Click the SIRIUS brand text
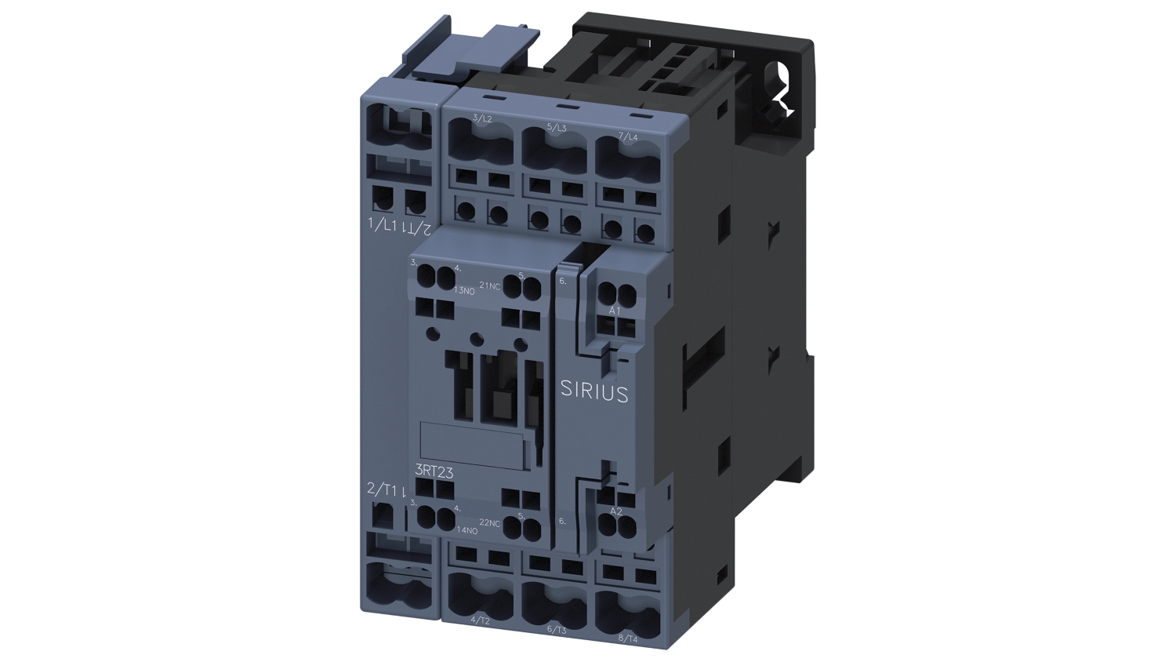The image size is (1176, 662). coord(594,391)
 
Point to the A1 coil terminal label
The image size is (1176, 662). coord(615,311)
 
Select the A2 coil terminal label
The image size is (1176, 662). coord(616,511)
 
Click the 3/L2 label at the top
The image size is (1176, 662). coord(482,118)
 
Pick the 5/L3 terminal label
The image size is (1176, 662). coord(556,127)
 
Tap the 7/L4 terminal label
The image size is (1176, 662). coord(628,136)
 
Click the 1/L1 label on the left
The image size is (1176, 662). coord(383,226)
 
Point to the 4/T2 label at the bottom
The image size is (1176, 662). coord(480,620)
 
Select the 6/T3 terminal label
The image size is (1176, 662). coord(556,629)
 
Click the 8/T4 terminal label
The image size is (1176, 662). coord(629,637)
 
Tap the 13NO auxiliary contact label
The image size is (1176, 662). coord(465,291)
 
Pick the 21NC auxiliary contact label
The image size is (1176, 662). coord(489,286)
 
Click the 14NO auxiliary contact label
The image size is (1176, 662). coord(466,530)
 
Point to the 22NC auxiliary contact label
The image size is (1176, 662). coord(490,523)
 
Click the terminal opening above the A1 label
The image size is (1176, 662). coord(618,294)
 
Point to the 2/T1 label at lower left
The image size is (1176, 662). coord(383,489)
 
